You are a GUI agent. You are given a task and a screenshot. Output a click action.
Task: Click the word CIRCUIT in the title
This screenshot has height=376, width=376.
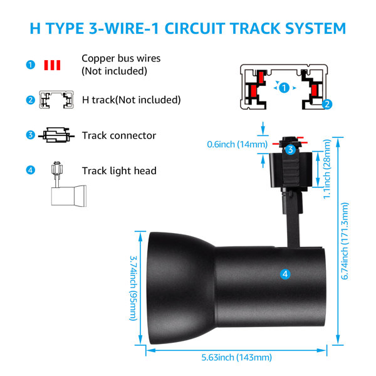coord(195,29)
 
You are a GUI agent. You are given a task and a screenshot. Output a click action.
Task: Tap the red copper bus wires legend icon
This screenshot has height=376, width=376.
coord(52,65)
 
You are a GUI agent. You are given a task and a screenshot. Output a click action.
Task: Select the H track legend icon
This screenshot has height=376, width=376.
coord(56,100)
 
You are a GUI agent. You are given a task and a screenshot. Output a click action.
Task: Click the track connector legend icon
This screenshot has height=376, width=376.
coord(56,135)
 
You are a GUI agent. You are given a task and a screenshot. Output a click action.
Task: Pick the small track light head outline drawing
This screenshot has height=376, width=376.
coord(68,184)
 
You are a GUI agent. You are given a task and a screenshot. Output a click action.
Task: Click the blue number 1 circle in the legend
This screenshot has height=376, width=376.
coord(31,65)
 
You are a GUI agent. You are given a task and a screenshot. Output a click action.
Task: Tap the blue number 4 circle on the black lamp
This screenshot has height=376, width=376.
coord(285,274)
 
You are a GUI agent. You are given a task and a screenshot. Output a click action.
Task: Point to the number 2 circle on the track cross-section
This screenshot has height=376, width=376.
coord(327,104)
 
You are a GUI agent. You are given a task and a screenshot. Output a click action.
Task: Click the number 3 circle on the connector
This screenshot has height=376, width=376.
coord(290,150)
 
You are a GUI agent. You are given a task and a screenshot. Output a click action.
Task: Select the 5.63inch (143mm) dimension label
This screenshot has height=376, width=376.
coord(236,357)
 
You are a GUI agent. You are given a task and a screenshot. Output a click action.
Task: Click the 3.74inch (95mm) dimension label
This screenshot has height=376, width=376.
coord(133,288)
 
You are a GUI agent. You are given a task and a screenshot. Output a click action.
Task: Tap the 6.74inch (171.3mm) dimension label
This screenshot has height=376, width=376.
coord(345,241)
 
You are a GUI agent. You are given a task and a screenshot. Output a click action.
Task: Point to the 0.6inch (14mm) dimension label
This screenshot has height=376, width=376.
coord(237,144)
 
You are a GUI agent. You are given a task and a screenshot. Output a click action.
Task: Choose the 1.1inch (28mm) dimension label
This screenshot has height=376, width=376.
coord(326,169)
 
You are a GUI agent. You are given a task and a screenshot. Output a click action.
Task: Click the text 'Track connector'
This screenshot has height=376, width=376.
coord(119,135)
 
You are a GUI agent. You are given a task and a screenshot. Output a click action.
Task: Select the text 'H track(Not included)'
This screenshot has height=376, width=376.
coord(132,100)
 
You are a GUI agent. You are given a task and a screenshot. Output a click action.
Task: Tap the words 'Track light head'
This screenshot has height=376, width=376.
coord(119,170)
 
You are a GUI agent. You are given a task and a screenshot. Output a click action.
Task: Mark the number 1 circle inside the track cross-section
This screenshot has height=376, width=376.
coord(284,88)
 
